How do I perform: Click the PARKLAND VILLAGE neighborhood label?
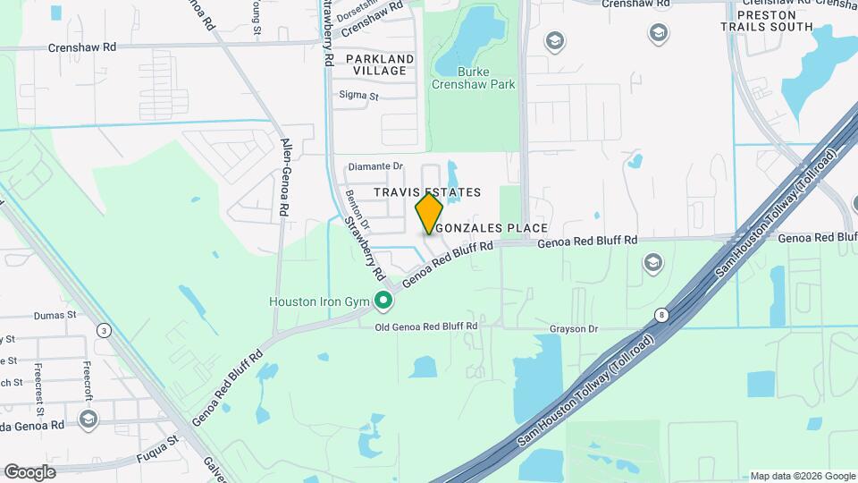click(380, 64)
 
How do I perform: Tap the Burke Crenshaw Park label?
click(474, 78)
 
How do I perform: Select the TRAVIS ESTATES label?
click(427, 192)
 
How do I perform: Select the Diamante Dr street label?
click(376, 166)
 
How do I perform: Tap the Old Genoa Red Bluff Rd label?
click(426, 327)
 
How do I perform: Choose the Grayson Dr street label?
click(574, 328)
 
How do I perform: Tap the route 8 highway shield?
click(660, 315)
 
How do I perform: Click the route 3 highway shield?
click(105, 331)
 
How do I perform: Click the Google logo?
click(29, 471)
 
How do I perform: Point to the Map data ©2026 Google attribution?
click(802, 476)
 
